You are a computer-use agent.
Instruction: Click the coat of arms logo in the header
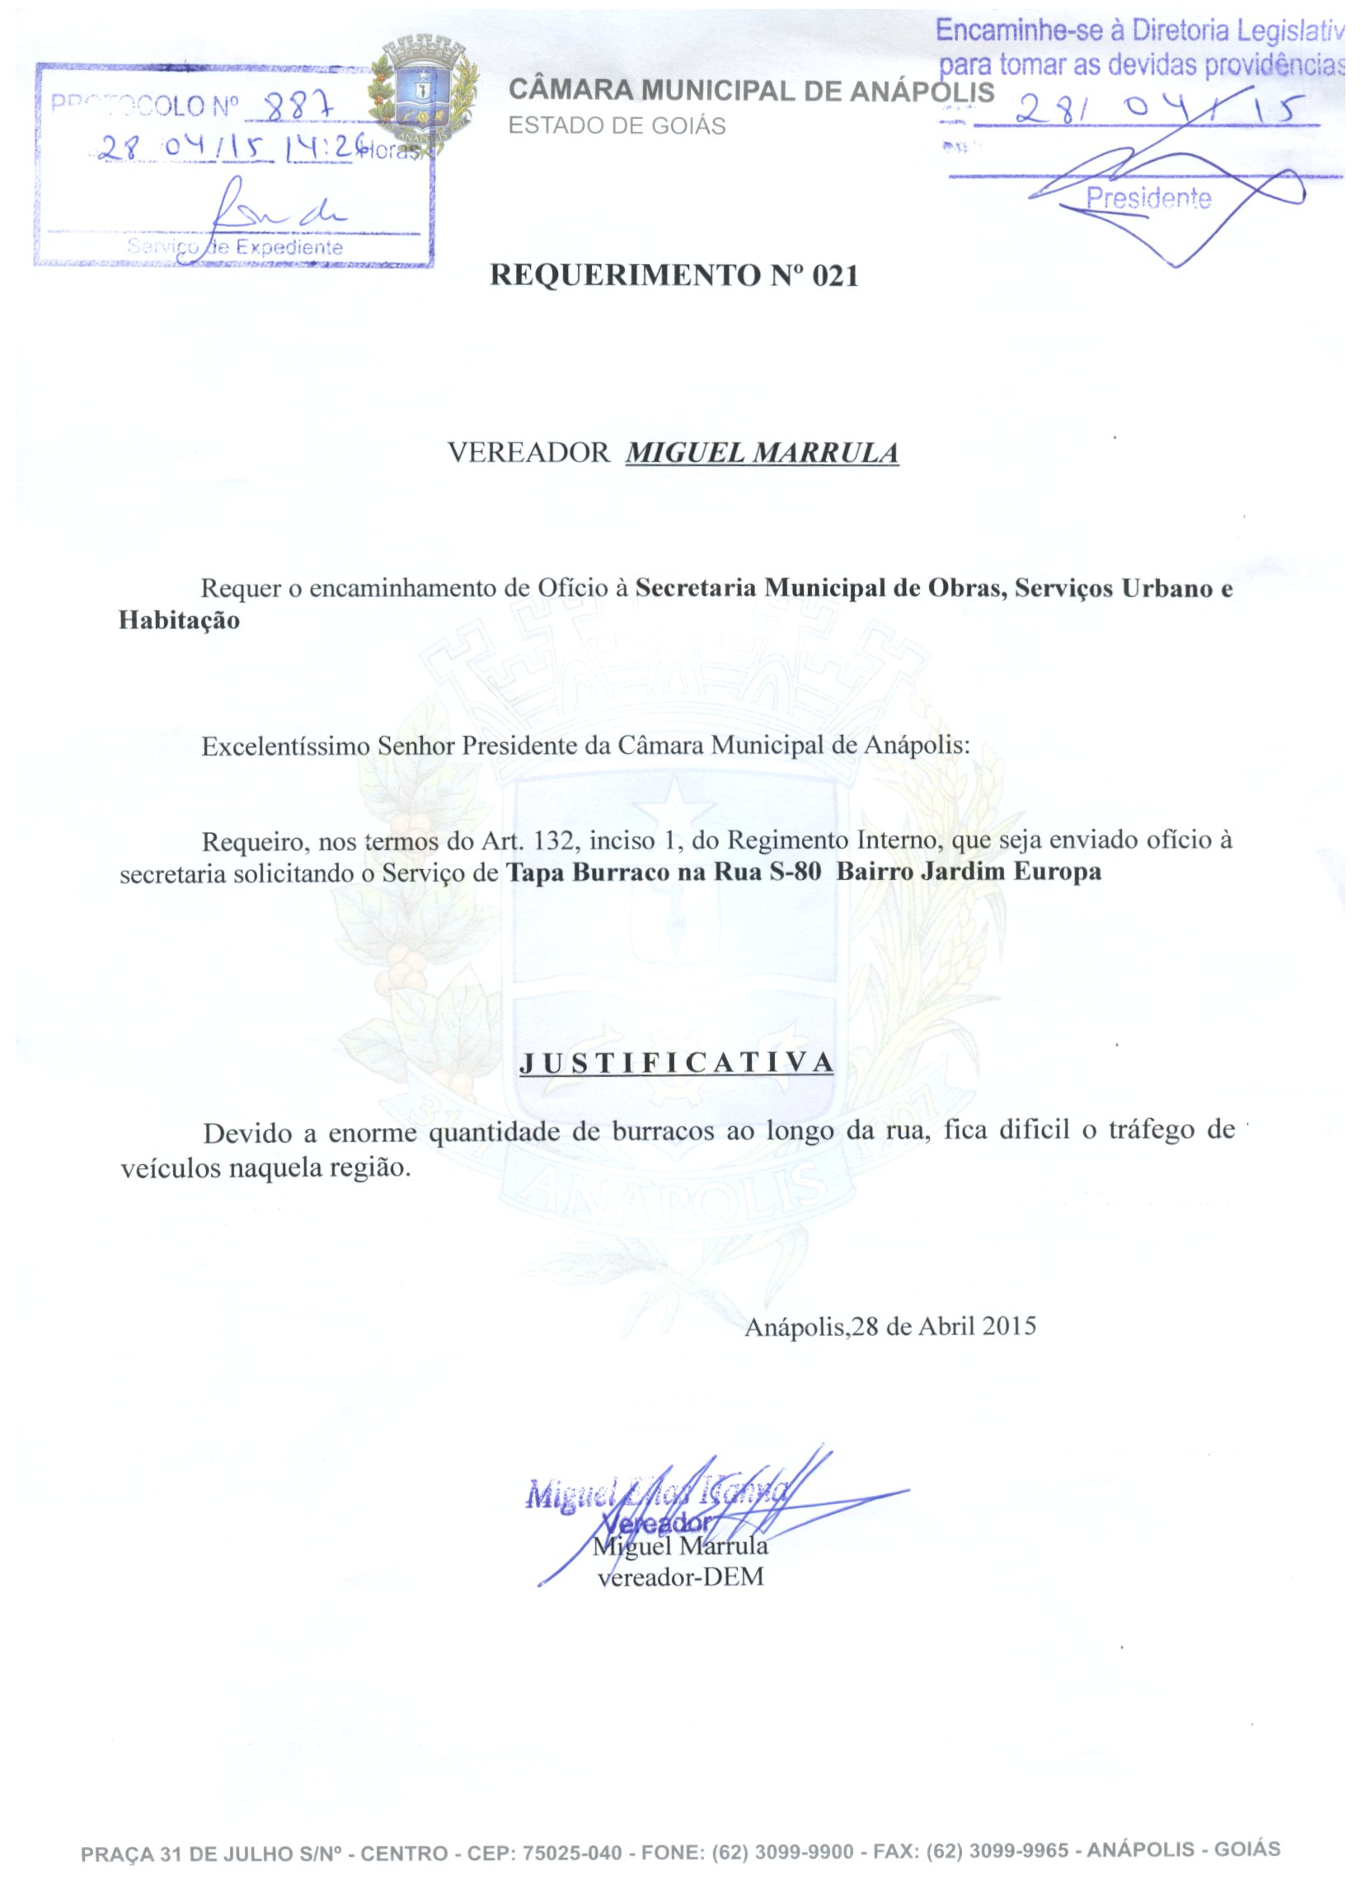(425, 95)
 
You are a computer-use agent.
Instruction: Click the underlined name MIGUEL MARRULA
(762, 453)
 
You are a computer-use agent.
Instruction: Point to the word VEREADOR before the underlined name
(528, 453)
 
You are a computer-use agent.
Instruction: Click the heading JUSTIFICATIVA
(676, 1063)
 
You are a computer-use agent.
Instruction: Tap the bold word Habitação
(179, 620)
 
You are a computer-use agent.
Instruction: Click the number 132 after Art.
(555, 839)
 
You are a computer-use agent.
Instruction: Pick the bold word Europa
(1057, 872)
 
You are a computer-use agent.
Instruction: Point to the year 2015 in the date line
(1010, 1326)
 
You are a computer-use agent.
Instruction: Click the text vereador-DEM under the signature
(679, 1577)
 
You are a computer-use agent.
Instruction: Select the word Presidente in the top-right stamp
(1148, 199)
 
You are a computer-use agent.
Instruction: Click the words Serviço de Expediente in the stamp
(235, 247)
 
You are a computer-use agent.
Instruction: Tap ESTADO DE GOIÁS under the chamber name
(617, 125)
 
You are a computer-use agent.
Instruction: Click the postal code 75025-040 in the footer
(572, 1853)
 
